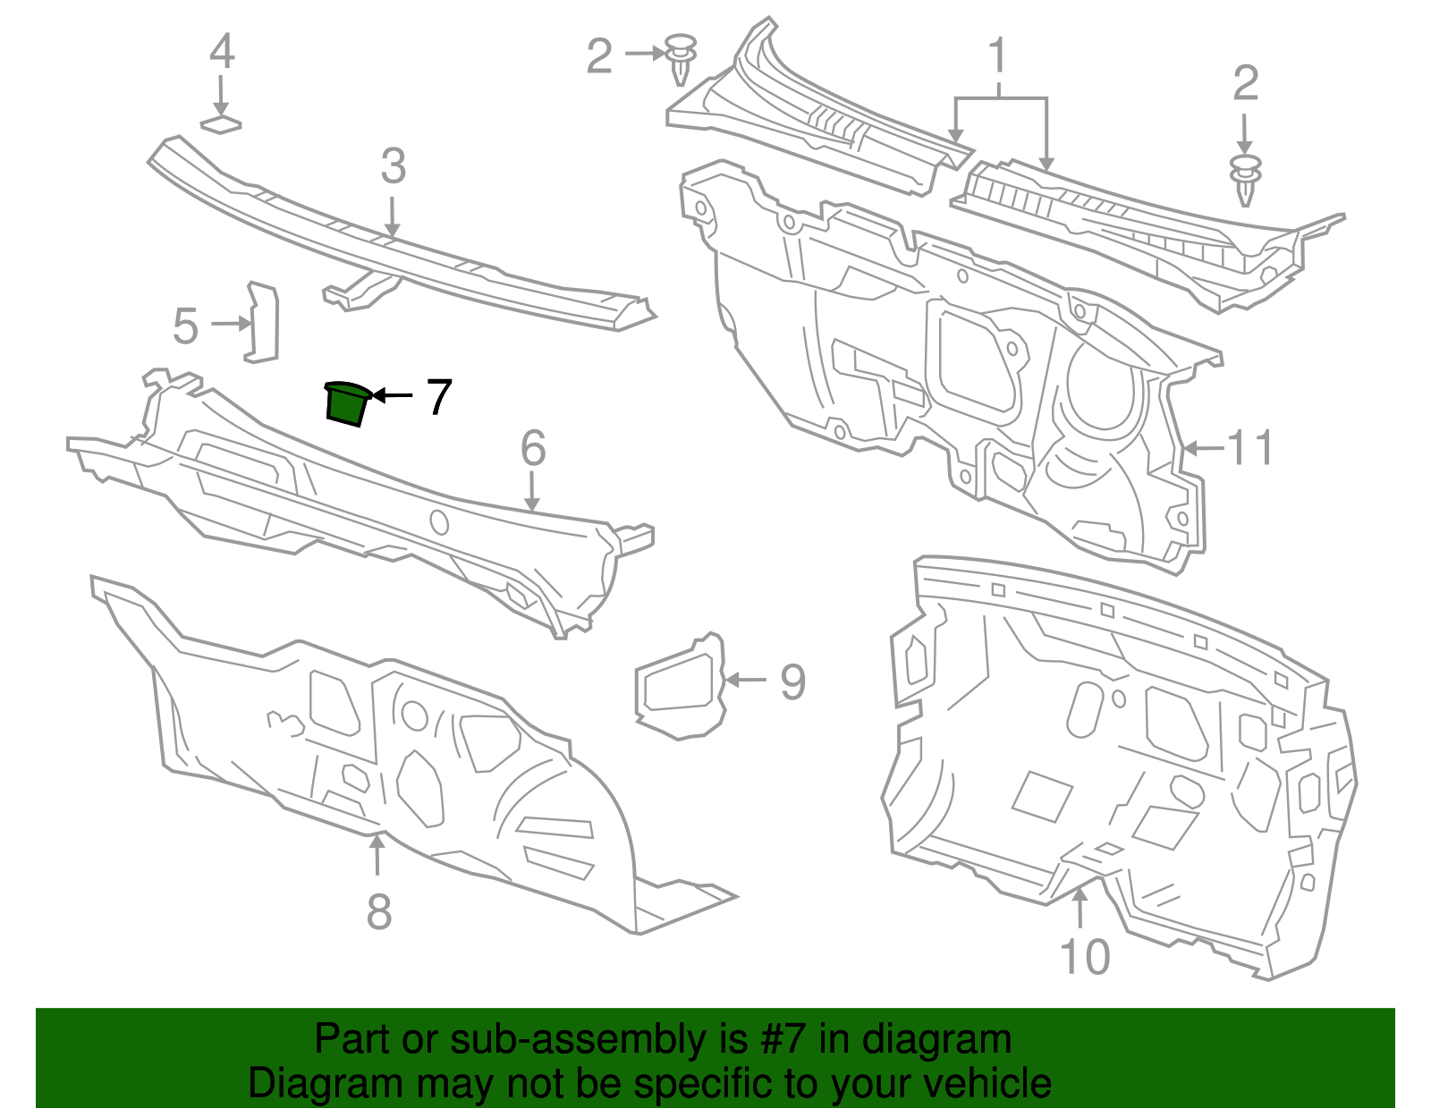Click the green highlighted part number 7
pos(345,403)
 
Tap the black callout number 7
pos(438,397)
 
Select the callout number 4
pos(222,52)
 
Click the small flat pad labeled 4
pos(221,123)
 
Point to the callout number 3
pos(393,166)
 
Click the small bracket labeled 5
pos(262,322)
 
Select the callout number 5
pos(185,326)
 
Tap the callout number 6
pos(533,448)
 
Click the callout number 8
pos(379,912)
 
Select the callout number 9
pos(792,681)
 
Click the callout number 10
pos(1084,957)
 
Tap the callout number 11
pos(1250,447)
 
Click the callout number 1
pos(997,55)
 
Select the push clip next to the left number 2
pos(682,57)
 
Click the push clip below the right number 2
pos(1246,179)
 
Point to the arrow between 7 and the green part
pos(392,395)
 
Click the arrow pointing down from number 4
pos(221,94)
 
